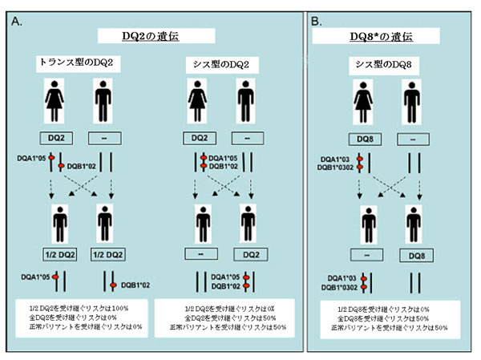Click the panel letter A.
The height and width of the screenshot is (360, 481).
click(17, 22)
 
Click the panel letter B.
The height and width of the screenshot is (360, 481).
click(318, 22)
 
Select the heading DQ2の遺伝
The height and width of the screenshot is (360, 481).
click(156, 35)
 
